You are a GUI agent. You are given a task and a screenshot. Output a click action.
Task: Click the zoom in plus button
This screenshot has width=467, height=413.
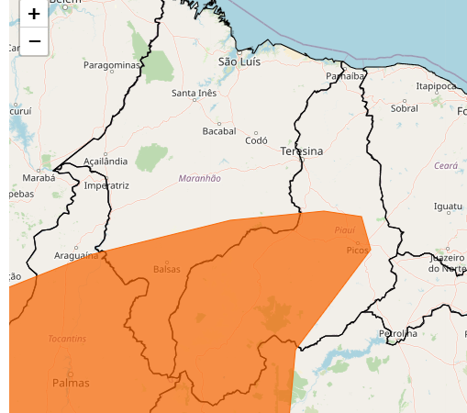coord(34,14)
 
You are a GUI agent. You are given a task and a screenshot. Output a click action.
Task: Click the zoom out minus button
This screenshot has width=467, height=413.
coord(34,41)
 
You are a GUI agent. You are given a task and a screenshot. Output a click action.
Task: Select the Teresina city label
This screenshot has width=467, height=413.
coord(302,151)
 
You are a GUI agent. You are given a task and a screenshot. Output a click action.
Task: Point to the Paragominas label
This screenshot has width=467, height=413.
coord(112,65)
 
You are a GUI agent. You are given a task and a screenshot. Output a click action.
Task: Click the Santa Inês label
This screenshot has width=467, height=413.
coord(195,94)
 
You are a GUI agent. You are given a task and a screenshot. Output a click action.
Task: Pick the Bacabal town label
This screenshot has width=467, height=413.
coord(219,131)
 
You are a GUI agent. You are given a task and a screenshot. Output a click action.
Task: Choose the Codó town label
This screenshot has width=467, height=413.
coord(256,140)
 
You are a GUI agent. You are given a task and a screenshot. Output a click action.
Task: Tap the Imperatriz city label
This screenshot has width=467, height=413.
coord(106,184)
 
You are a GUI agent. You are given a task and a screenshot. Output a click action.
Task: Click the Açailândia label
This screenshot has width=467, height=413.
coord(106,161)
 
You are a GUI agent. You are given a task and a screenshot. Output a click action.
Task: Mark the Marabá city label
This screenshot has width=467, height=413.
coord(39,177)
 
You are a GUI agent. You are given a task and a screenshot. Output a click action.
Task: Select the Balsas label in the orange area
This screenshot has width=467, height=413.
coord(166,269)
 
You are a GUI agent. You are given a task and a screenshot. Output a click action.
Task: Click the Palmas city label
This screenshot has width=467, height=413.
coord(71,382)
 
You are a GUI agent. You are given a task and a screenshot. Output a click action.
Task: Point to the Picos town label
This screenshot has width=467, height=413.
coord(357,250)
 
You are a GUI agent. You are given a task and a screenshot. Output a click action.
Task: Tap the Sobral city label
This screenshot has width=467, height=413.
coord(404,107)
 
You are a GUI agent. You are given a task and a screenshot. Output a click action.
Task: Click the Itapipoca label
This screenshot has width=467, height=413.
coord(436,85)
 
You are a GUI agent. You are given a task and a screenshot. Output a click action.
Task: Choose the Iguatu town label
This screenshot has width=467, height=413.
coord(449,206)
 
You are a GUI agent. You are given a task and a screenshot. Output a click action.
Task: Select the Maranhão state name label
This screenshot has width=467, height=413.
coord(199,178)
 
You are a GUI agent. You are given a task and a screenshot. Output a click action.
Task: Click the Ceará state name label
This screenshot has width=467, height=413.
coord(446,165)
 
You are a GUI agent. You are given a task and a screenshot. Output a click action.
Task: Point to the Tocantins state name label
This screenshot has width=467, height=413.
coord(67,338)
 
